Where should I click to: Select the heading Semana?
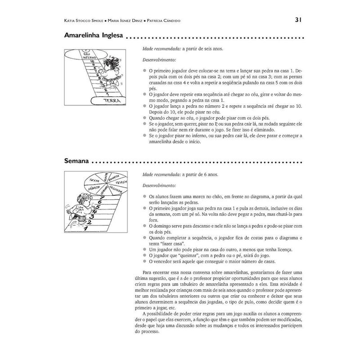point(76,161)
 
